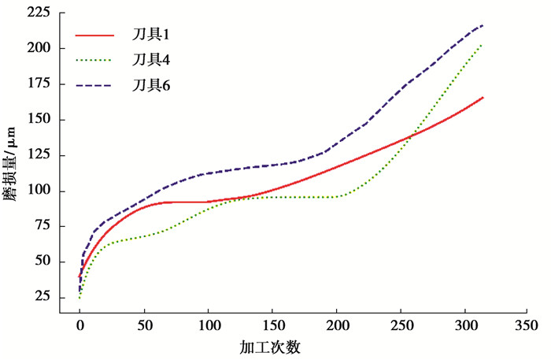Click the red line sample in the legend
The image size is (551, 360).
point(94,35)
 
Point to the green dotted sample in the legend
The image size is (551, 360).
point(94,59)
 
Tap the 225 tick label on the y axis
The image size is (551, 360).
point(37,13)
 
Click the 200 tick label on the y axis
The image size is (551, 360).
point(37,49)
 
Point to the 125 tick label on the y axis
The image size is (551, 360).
point(37,155)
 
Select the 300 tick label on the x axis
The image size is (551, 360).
point(465,325)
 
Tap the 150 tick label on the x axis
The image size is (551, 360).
point(272,325)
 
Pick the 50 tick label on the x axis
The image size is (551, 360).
point(144,325)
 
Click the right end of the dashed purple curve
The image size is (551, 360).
point(483,25)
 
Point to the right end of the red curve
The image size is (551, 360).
point(483,97)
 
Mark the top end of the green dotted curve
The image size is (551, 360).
point(482,44)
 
